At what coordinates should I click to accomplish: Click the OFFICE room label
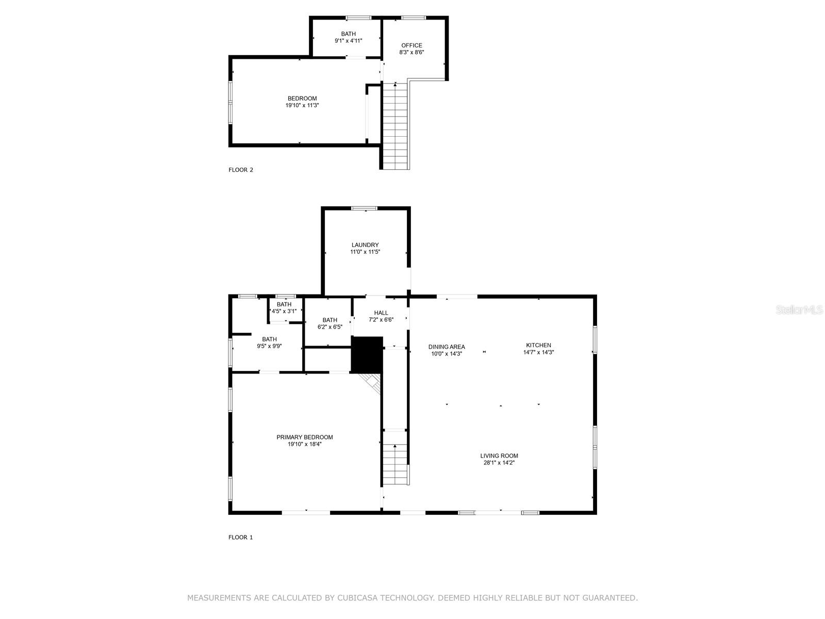click(x=411, y=45)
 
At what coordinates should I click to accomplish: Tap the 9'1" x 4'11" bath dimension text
click(x=348, y=41)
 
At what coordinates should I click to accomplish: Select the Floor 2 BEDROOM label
click(x=302, y=99)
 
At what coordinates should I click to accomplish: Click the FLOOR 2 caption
click(x=241, y=170)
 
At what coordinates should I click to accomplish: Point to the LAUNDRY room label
click(x=365, y=245)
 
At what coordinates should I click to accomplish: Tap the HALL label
click(x=381, y=313)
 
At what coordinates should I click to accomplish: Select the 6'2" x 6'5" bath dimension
click(x=329, y=327)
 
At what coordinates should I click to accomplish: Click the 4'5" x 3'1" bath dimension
click(x=284, y=311)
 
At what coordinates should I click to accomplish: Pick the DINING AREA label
click(x=447, y=347)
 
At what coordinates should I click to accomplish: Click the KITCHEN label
click(x=538, y=345)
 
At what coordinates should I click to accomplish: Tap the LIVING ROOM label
click(x=499, y=455)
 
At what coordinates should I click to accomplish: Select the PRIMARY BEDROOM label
click(x=305, y=437)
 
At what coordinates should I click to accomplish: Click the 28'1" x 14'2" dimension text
click(x=499, y=463)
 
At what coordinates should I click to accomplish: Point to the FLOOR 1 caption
click(x=241, y=537)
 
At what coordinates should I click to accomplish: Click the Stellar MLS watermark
click(x=799, y=309)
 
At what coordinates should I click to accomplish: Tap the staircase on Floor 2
click(x=395, y=126)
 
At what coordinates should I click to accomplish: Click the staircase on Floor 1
click(x=395, y=464)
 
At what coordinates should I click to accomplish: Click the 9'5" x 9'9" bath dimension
click(x=269, y=347)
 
